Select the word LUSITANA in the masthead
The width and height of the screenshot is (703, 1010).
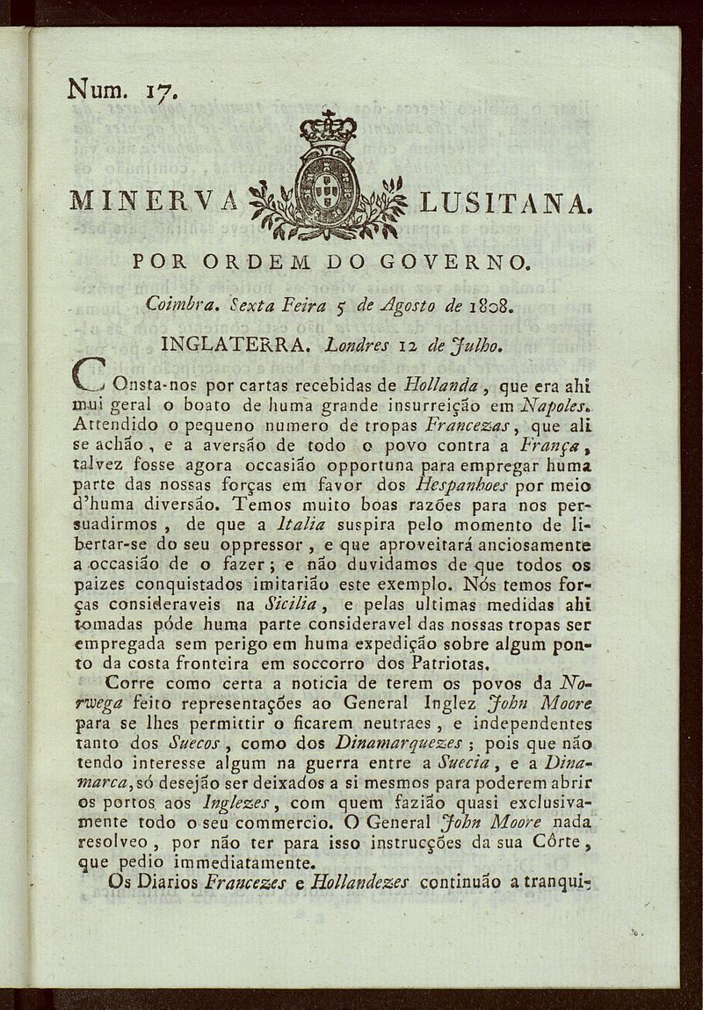(504, 203)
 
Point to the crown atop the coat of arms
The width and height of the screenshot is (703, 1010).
(328, 129)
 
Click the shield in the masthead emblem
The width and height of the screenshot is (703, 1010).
(327, 185)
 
